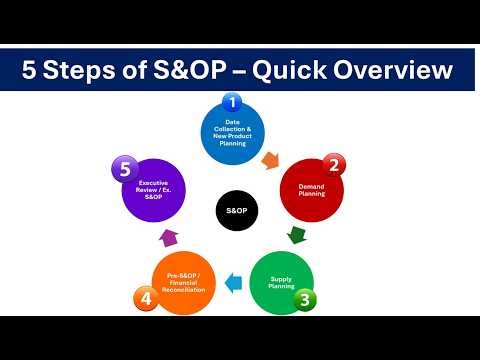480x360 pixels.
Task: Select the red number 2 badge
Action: pos(336,166)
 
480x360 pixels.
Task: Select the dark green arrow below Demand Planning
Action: pos(296,237)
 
